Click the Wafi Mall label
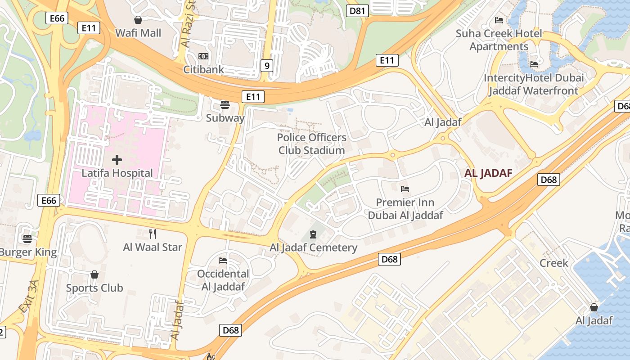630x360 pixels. [138, 33]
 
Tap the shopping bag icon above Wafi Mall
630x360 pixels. [138, 20]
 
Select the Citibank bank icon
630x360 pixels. [203, 56]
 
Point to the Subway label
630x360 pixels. [225, 118]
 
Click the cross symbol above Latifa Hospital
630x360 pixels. [117, 160]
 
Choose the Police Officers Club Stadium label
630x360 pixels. [311, 144]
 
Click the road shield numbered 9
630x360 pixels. [267, 66]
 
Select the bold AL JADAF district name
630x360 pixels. [488, 174]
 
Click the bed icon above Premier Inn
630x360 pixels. [405, 189]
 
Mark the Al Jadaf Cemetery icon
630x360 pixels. [313, 234]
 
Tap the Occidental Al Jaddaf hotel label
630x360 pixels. [223, 280]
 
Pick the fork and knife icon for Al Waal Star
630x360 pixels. [153, 234]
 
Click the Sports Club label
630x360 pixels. [94, 288]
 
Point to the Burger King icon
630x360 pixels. [27, 238]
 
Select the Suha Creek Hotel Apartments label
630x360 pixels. [499, 40]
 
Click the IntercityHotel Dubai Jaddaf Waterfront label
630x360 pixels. [534, 84]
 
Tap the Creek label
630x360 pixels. [554, 263]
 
